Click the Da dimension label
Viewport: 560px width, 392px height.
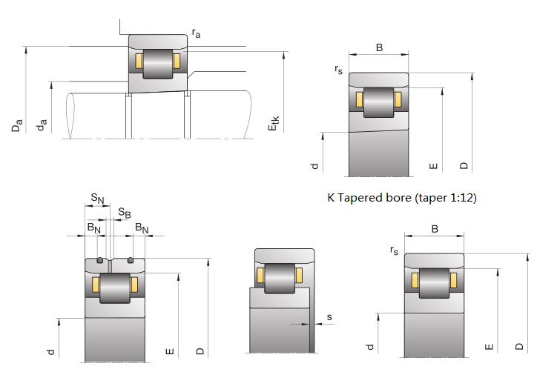(x=17, y=125)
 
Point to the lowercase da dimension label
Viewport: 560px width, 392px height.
(x=42, y=124)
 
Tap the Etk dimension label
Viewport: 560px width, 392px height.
(x=273, y=124)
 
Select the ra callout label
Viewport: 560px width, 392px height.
(x=196, y=33)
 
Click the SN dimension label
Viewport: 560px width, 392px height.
(x=97, y=199)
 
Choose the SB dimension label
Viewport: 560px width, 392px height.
(x=125, y=213)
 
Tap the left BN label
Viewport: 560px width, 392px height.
(x=94, y=228)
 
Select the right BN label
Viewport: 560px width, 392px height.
(x=142, y=228)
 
